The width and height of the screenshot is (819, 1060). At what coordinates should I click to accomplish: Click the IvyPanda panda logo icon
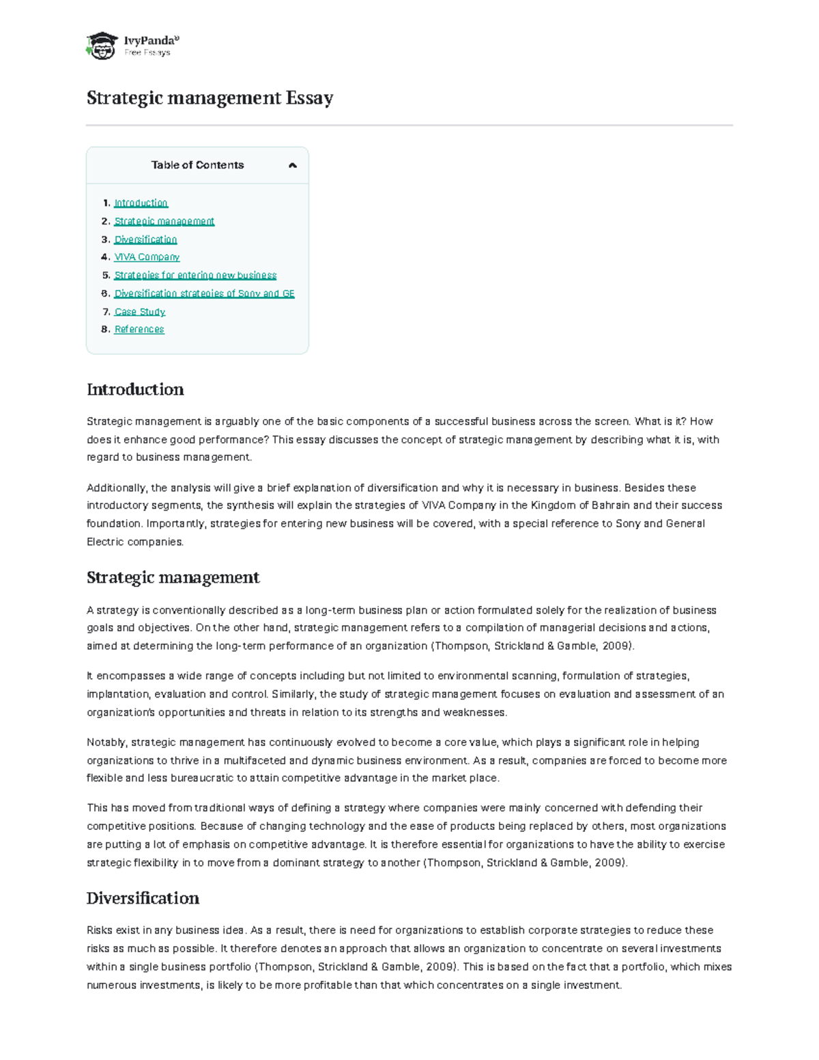102,46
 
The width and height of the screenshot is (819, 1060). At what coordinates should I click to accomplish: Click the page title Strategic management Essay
210,98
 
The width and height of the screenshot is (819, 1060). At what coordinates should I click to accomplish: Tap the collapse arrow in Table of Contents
293,165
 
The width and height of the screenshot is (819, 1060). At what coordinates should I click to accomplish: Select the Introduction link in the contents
141,203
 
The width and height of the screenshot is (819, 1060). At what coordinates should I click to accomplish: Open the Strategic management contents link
164,221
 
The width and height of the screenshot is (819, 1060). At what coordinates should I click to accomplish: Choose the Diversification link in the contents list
145,240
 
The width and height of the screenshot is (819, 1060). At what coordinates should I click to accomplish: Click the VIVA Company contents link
147,257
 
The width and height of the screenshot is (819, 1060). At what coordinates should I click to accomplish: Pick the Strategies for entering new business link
195,275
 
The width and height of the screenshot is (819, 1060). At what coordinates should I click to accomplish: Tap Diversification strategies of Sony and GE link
204,293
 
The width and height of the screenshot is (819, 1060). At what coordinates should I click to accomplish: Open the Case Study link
140,312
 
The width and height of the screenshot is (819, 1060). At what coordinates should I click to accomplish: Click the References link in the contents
139,330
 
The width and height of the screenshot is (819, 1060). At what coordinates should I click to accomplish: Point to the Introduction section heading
135,390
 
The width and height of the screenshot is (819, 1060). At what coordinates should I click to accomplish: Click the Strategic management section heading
173,577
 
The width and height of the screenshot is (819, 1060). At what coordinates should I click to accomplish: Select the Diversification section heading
143,898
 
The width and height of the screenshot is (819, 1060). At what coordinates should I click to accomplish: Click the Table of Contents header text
197,165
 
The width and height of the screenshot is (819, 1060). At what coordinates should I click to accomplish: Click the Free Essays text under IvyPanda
147,53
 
